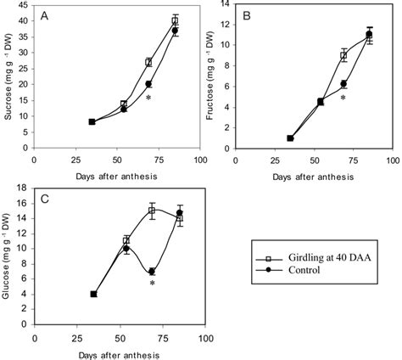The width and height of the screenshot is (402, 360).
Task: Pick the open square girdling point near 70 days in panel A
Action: (148, 62)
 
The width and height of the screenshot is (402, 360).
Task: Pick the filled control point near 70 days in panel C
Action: (152, 272)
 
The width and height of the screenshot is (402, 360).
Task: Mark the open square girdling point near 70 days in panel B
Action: (343, 56)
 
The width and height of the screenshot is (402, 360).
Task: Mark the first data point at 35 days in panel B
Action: (290, 138)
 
